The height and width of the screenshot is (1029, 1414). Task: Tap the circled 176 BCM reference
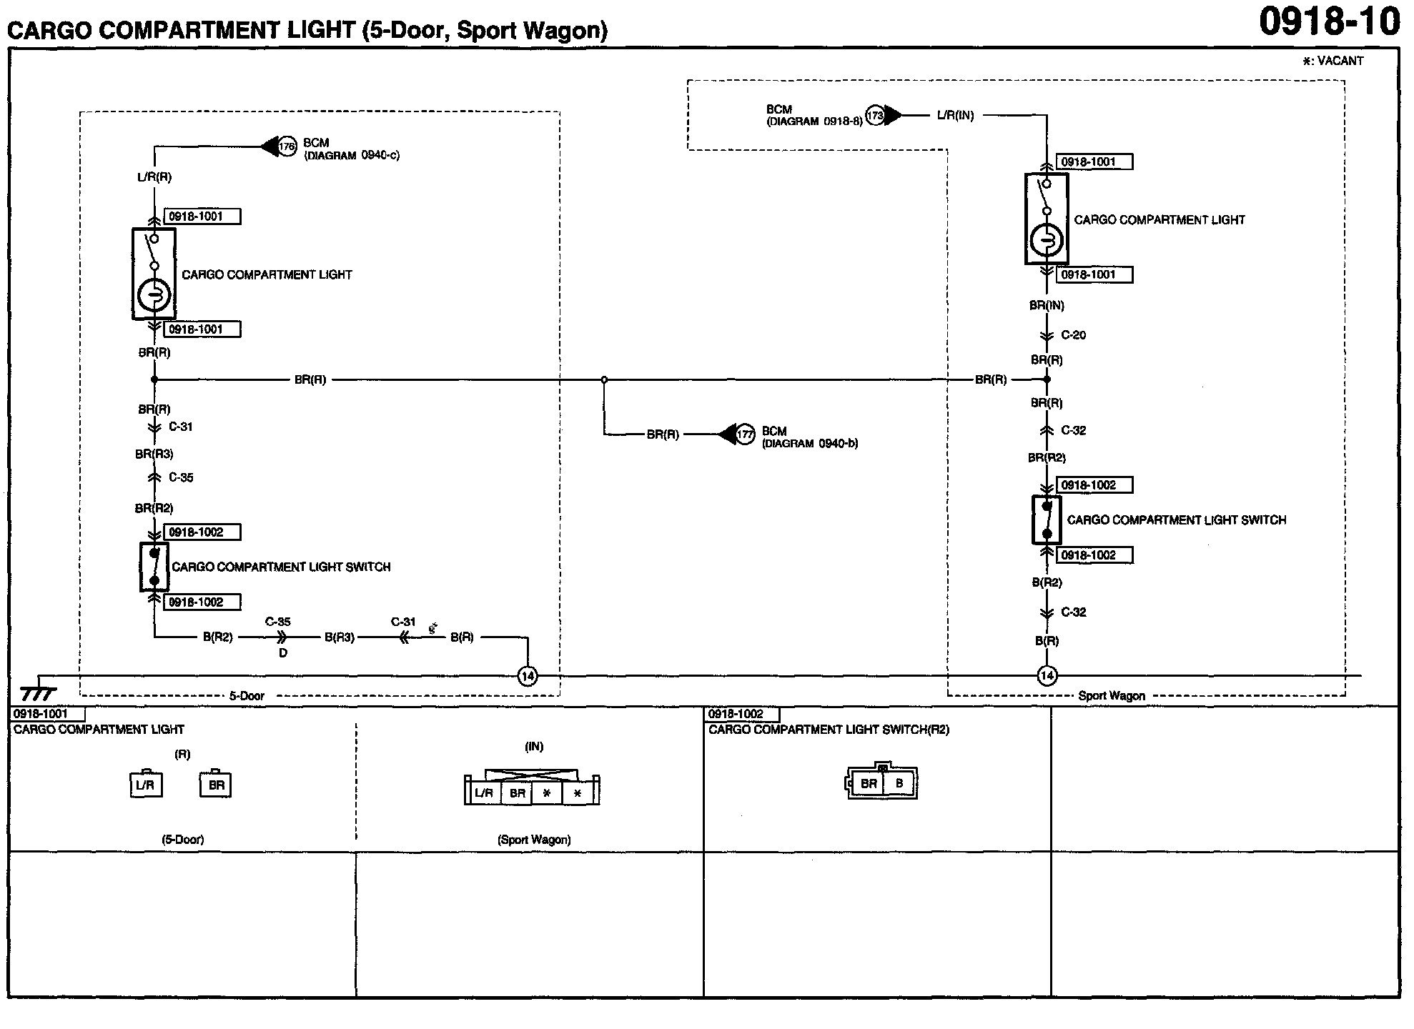(287, 147)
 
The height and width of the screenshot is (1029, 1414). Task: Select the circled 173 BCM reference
(875, 115)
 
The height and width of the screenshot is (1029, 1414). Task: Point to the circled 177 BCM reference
(745, 434)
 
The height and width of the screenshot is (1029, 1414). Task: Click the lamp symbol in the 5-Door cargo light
(154, 294)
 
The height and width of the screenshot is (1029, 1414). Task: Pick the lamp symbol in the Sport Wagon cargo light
(1047, 241)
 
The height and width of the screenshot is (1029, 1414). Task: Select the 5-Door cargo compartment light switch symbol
(154, 567)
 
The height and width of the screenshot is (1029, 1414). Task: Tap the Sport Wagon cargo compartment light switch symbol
(1047, 520)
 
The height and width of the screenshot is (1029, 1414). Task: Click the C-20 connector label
(1073, 335)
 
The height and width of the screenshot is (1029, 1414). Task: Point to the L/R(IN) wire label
(955, 115)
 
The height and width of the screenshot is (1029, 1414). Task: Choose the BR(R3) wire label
(154, 454)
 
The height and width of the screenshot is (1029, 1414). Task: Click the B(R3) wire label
(340, 637)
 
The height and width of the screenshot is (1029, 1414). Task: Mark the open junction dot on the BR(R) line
(604, 380)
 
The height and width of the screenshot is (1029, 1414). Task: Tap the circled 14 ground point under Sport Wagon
(1047, 675)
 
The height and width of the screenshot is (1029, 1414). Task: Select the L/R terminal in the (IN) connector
(484, 793)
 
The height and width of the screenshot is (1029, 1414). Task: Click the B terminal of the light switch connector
(899, 783)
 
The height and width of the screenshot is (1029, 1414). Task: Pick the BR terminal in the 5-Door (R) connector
(216, 785)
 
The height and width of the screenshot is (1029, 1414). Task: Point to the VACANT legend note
(1333, 61)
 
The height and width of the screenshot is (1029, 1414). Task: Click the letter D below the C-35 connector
(283, 653)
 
